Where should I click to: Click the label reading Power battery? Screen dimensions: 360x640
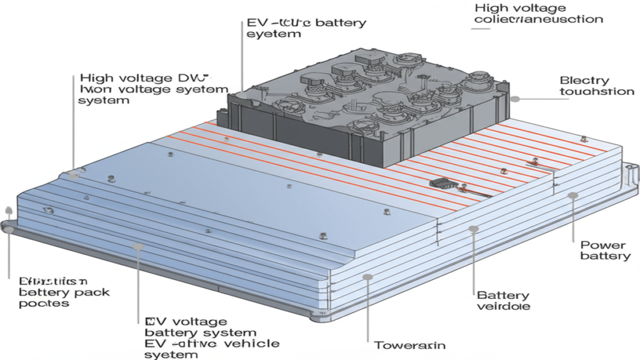[602, 251]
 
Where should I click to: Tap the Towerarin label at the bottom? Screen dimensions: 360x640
[401, 345]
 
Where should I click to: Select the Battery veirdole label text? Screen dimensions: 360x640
[503, 301]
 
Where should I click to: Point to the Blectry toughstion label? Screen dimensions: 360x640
[597, 86]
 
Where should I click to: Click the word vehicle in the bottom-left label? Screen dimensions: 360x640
[249, 344]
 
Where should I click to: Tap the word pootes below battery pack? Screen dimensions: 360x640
[44, 304]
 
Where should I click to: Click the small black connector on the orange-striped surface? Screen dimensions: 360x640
[440, 184]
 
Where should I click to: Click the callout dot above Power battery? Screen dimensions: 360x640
[571, 196]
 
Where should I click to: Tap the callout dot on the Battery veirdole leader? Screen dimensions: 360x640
[472, 231]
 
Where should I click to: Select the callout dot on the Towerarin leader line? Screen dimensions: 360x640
[369, 276]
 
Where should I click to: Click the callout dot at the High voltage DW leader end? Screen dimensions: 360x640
[75, 176]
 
